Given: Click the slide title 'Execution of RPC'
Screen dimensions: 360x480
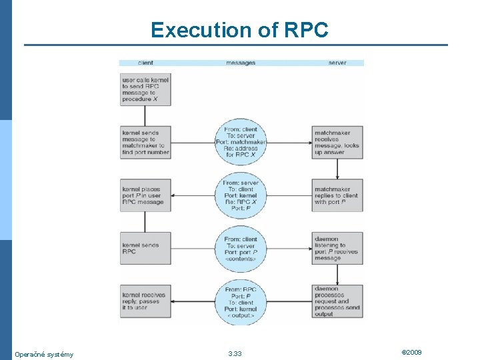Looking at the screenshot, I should (x=239, y=30).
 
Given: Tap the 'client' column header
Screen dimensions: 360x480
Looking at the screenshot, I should (x=145, y=63).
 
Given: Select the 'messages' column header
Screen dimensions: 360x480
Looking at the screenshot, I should (x=241, y=63).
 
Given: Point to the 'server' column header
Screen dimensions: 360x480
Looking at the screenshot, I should (x=337, y=63).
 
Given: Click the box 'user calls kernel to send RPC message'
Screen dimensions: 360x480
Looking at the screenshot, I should (x=145, y=89).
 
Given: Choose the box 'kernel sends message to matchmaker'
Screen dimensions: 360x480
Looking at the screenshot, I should (x=145, y=142).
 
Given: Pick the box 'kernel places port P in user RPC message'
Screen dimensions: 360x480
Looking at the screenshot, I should (x=145, y=195).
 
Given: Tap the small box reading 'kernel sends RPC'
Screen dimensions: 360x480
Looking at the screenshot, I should (x=145, y=249).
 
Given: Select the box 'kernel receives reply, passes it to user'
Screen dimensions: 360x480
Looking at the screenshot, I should (x=145, y=302).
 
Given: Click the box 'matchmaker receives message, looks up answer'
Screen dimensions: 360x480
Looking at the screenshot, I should (x=337, y=142).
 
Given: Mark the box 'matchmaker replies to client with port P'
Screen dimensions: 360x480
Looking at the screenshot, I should (x=337, y=195).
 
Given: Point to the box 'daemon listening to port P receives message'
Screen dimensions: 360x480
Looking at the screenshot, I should (x=337, y=249).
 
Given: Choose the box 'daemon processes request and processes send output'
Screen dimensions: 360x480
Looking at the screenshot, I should (x=337, y=302).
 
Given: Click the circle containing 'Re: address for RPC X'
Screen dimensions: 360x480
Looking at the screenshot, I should (x=241, y=142).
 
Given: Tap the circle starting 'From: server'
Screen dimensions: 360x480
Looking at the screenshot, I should (x=241, y=195).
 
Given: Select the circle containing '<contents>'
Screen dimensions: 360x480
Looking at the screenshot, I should (x=241, y=249).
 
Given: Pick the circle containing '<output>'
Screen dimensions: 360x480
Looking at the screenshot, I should (x=241, y=302).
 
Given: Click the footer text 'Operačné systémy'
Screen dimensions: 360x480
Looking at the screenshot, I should (x=44, y=354).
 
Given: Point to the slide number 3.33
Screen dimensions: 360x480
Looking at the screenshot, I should (x=235, y=354).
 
